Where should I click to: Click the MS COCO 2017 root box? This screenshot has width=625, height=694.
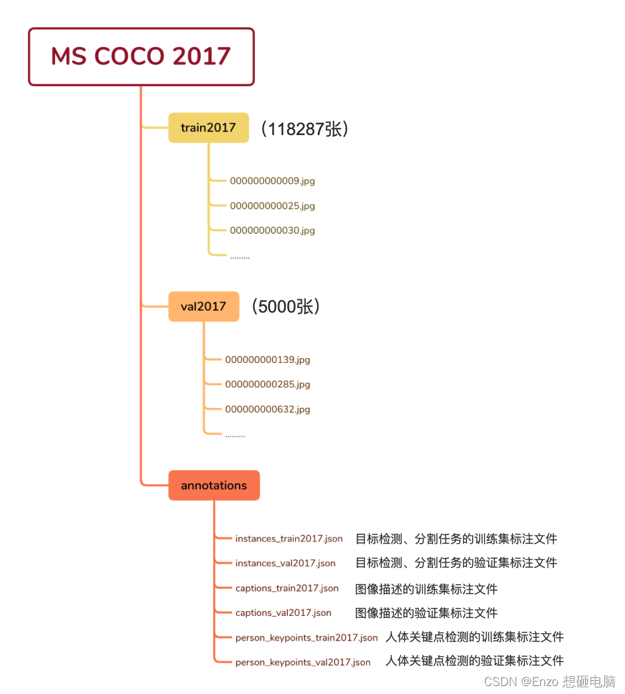pos(141,56)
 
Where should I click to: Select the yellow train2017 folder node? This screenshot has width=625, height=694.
pos(208,128)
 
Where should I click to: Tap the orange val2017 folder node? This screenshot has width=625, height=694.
pos(203,307)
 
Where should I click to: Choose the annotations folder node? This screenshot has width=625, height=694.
pos(214,485)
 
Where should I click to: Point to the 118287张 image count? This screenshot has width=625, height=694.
pos(304,128)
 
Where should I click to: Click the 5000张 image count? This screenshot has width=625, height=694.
pos(285,307)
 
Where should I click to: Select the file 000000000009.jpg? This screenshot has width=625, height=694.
pos(272,181)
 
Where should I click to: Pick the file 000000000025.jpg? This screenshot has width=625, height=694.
pos(272,206)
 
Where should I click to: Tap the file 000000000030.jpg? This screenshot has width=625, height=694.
pos(272,230)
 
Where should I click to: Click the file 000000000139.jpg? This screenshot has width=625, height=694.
pos(267,360)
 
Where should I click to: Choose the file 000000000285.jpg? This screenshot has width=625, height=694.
pos(267,384)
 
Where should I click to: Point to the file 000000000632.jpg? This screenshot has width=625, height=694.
pos(267,409)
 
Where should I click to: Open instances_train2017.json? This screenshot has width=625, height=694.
pos(289,538)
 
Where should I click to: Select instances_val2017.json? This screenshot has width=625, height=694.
pos(285,563)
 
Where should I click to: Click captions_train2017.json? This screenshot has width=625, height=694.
pos(287,588)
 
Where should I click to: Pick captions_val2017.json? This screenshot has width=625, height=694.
pos(283,613)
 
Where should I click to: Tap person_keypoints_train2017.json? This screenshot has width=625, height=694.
pos(307,638)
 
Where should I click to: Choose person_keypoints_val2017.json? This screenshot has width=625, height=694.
pos(303,662)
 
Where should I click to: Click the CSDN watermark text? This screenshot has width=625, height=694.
pos(550,681)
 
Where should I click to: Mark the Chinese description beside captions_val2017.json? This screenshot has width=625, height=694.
pos(426,613)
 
